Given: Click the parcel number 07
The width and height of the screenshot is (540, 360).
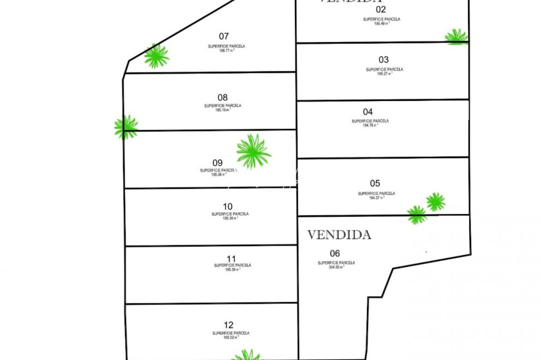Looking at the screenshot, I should point(224,36).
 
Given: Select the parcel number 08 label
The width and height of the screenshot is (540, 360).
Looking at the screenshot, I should point(222,97).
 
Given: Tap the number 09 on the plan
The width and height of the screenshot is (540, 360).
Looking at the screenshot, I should point(217,163).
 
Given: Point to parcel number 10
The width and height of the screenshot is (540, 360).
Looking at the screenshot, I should point(227,206).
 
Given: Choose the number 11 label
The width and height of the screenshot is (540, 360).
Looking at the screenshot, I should point(231,259).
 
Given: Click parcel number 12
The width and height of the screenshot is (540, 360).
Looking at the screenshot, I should point(228,325).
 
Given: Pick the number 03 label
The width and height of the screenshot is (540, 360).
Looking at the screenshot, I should point(383,60).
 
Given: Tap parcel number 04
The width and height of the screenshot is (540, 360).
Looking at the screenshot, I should point(368,112).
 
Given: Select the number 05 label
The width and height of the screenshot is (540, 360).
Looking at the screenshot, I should point(375,183).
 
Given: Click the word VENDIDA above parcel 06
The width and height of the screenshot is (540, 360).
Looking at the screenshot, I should point(339,235).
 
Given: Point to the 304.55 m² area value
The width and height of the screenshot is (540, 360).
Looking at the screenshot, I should point(336,267).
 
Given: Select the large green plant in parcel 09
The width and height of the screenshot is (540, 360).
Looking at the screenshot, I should point(253,151).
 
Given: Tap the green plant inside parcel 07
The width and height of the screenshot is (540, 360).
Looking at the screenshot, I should point(156,56).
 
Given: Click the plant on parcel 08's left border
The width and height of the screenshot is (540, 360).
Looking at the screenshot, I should point(126,127).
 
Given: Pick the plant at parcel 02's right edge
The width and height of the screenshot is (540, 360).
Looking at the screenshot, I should point(456,37).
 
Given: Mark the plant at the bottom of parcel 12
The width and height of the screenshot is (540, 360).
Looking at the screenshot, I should point(247,355).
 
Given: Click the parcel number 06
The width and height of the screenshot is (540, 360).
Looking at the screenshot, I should point(335,253).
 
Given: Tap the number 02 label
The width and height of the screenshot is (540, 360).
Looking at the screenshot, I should point(380,9).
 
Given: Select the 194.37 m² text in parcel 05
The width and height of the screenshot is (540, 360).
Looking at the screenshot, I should point(376,198).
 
